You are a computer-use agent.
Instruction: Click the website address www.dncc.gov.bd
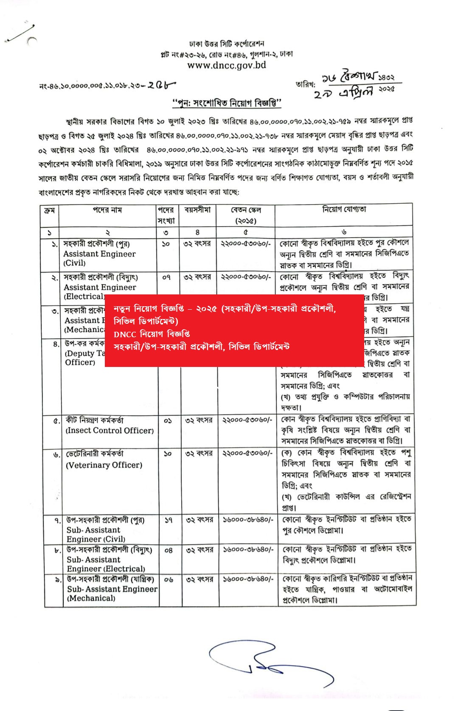[227, 65]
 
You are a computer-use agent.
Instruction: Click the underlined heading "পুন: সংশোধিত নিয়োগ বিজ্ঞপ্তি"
[227, 103]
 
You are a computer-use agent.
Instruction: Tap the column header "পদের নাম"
[107, 210]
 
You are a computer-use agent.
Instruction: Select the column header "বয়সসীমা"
[197, 210]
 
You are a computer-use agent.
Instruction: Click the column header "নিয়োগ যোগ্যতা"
[344, 209]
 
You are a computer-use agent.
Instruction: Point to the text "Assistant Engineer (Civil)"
[99, 258]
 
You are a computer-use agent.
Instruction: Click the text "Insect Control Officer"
[110, 431]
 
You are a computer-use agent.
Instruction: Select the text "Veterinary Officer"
[104, 465]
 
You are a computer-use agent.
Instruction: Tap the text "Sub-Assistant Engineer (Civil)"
[96, 535]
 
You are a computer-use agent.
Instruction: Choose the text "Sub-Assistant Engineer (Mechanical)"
[112, 593]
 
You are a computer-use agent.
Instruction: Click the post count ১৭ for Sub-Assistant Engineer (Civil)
[169, 520]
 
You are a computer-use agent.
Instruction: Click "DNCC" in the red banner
[124, 334]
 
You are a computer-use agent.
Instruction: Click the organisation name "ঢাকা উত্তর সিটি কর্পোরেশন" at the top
[227, 44]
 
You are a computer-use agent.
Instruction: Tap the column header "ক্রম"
[49, 210]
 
